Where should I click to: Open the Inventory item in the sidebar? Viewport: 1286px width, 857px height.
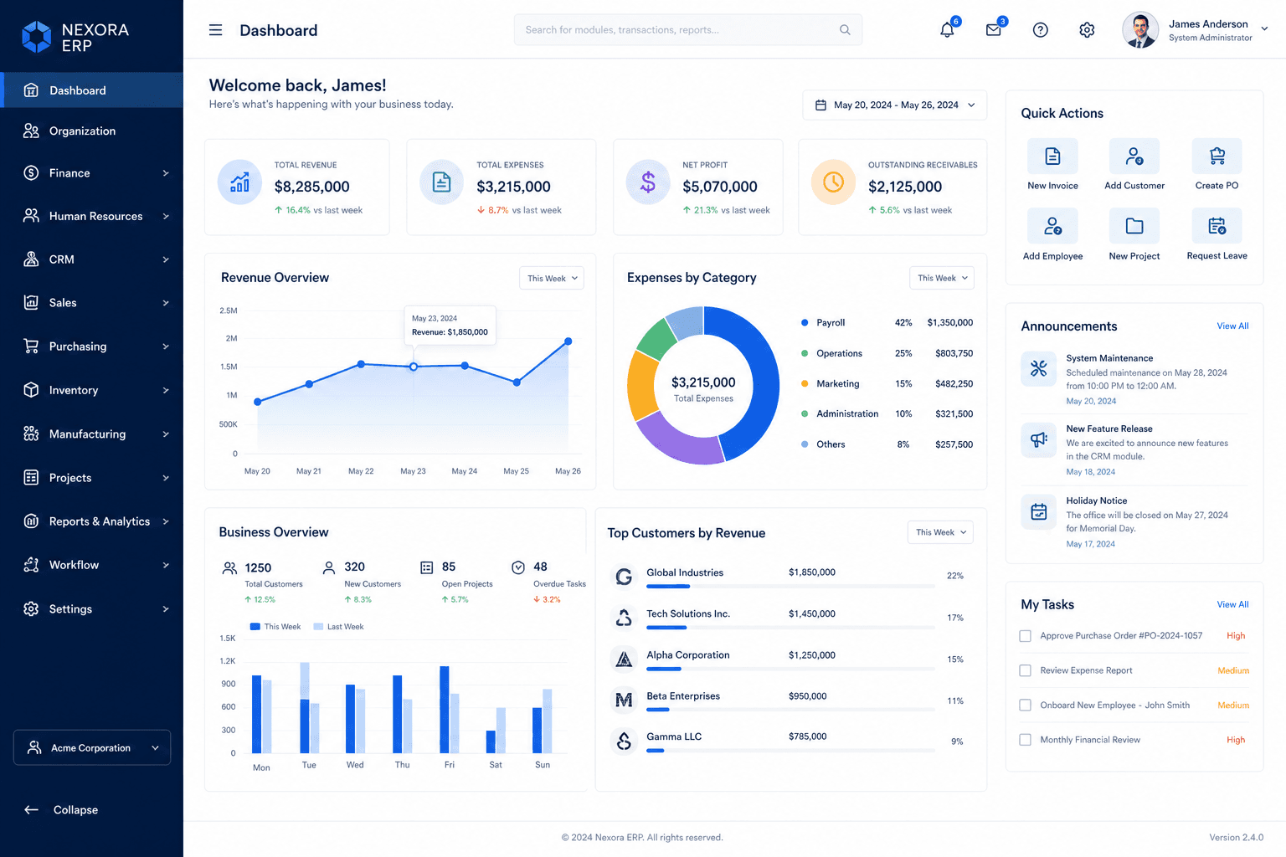point(73,390)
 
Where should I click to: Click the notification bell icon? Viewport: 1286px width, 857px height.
point(947,30)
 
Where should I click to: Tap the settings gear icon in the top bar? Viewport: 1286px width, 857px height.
point(1086,30)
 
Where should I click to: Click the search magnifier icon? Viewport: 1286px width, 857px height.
point(845,30)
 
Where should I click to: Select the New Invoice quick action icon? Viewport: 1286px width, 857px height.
point(1052,157)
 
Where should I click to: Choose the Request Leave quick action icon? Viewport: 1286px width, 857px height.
point(1217,226)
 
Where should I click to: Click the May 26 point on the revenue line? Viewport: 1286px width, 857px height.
point(568,341)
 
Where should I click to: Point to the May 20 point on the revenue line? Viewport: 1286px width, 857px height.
point(258,402)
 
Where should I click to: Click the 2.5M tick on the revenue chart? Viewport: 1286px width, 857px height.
point(228,310)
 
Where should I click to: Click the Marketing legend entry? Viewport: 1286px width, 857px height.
point(837,383)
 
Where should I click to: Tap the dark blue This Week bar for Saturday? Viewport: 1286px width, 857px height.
point(491,742)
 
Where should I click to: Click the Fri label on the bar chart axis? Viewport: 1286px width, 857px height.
point(449,765)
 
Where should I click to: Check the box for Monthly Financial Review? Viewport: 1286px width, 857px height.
point(1025,740)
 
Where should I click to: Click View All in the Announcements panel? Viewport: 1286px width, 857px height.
point(1232,326)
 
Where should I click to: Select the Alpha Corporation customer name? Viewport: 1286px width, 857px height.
point(687,655)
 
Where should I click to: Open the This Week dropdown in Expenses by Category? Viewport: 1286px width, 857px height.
point(942,278)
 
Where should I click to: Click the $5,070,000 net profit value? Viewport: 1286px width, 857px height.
point(719,187)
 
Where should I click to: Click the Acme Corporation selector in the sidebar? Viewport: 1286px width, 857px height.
point(92,747)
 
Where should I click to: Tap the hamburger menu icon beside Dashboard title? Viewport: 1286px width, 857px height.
point(215,30)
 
